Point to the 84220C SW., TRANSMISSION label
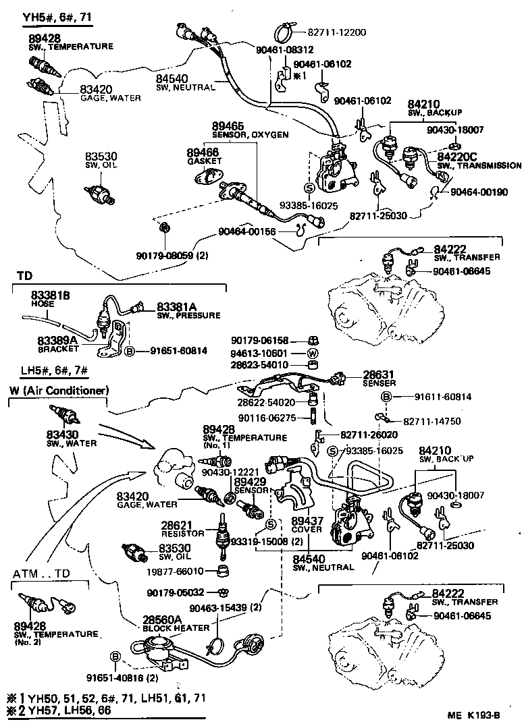click(x=477, y=160)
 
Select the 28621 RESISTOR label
click(x=178, y=528)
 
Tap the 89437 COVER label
click(x=307, y=525)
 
